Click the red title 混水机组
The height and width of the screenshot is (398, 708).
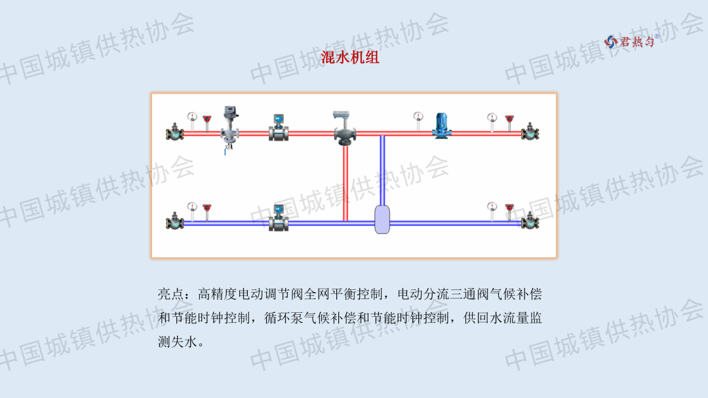coord(350,58)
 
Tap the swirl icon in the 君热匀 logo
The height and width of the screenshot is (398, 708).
coord(611,41)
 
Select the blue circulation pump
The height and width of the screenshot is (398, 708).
coord(441,125)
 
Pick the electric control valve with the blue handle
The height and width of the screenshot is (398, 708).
coord(229,128)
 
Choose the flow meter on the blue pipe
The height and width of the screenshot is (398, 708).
coord(279,219)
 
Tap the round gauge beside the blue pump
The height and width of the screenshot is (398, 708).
coord(418,118)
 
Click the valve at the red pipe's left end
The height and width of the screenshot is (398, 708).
coord(175,132)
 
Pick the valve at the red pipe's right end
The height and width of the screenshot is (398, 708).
coord(530,132)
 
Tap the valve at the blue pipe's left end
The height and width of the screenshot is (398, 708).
coord(175,221)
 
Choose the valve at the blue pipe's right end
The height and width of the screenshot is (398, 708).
coord(530,221)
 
